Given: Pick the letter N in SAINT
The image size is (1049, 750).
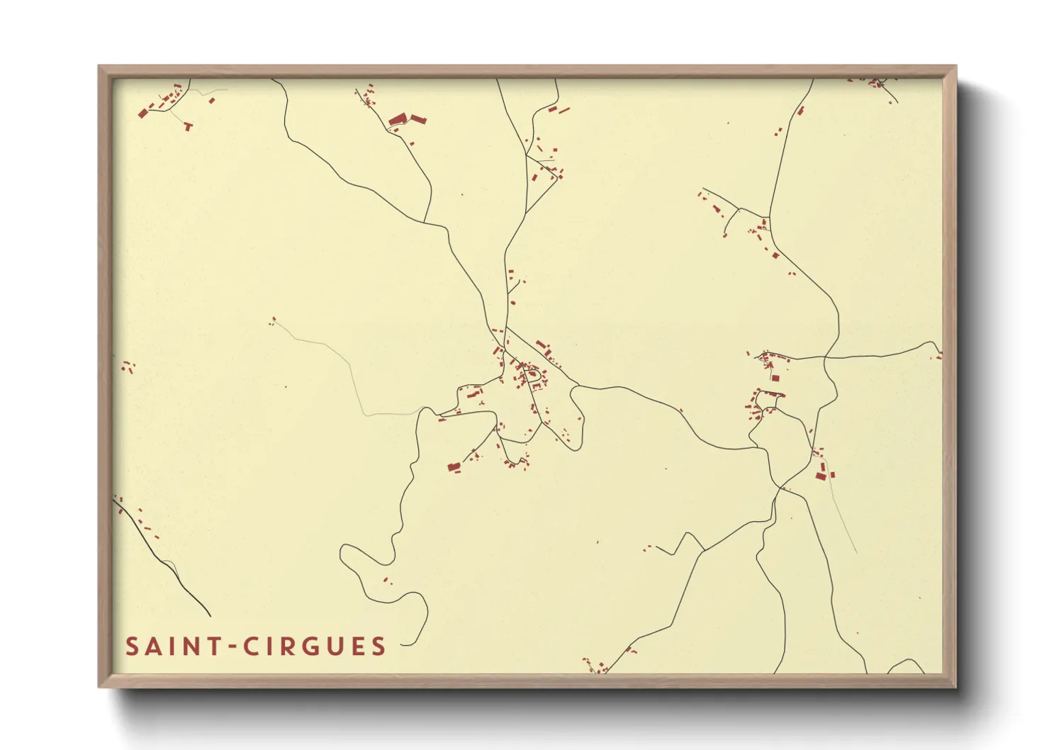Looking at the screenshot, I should click(x=192, y=647).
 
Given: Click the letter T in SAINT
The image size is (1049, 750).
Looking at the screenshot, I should click(x=214, y=647).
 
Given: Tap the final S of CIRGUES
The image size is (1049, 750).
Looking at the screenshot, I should click(x=378, y=647).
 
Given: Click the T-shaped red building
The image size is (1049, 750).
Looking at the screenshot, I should click(x=189, y=126).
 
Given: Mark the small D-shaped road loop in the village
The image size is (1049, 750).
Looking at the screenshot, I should click(x=533, y=376).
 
